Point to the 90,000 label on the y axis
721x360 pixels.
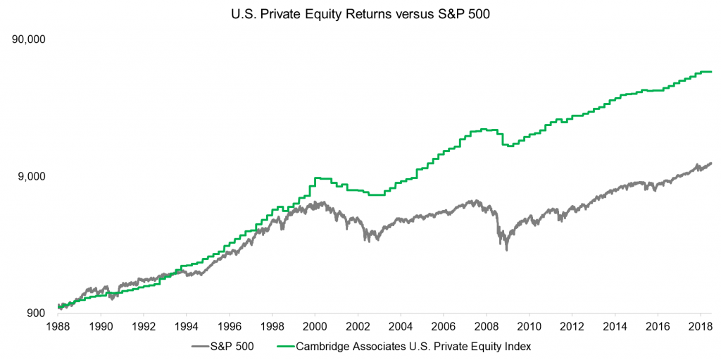click(x=29, y=39)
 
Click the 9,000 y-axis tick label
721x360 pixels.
click(x=32, y=176)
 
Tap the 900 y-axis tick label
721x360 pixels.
click(x=37, y=313)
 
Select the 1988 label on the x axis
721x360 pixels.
click(x=58, y=327)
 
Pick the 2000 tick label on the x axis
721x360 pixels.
click(x=315, y=327)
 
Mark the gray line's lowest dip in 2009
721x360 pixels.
click(x=506, y=249)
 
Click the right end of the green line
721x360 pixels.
click(x=711, y=72)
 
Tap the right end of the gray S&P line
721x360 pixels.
click(x=711, y=163)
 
